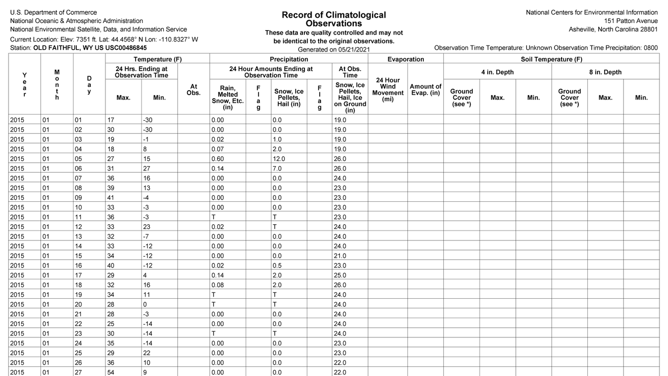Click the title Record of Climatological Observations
click(334, 19)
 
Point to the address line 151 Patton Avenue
click(631, 21)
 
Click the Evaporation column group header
click(406, 59)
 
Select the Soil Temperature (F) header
click(551, 59)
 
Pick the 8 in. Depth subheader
click(605, 72)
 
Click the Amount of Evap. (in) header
click(425, 90)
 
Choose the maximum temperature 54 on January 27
click(111, 373)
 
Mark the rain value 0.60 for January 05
click(218, 159)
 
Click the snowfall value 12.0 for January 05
click(279, 159)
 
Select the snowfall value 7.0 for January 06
click(277, 168)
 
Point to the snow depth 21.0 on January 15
click(339, 256)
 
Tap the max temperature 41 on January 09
click(111, 198)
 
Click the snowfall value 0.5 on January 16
click(277, 266)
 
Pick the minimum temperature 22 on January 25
click(146, 353)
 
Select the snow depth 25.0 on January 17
click(339, 275)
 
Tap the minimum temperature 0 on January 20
click(145, 304)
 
